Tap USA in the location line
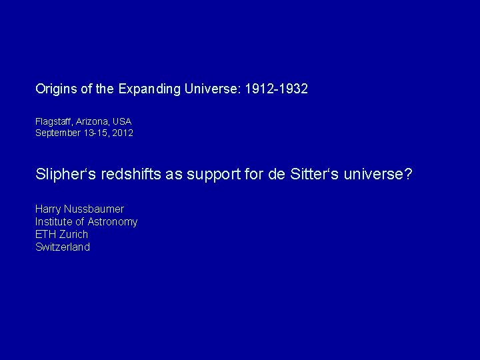(x=121, y=122)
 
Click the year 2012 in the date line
(x=123, y=133)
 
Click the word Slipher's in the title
(x=65, y=174)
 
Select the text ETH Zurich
(x=61, y=235)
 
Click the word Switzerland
(x=63, y=247)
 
